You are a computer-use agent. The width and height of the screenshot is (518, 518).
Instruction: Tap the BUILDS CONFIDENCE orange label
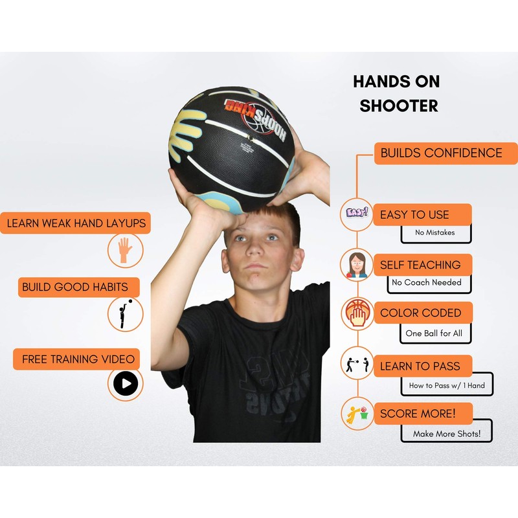pos(441,153)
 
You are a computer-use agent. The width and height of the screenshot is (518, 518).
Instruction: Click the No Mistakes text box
pos(435,233)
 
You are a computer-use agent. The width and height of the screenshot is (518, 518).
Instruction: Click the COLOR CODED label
pos(422,313)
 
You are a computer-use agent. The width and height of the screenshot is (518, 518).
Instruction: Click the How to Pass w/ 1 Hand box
pos(446,385)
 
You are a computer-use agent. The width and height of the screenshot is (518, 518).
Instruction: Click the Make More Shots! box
pos(446,433)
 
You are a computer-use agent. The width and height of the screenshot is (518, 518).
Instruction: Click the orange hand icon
pos(125,251)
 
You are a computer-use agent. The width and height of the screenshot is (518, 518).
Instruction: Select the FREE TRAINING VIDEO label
pos(78,359)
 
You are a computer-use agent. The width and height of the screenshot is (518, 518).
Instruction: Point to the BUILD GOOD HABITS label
pos(74,287)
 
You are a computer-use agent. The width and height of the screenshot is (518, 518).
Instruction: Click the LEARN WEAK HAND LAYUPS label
pos(76,224)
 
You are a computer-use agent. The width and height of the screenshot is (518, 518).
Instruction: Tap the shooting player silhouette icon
pos(124,313)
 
